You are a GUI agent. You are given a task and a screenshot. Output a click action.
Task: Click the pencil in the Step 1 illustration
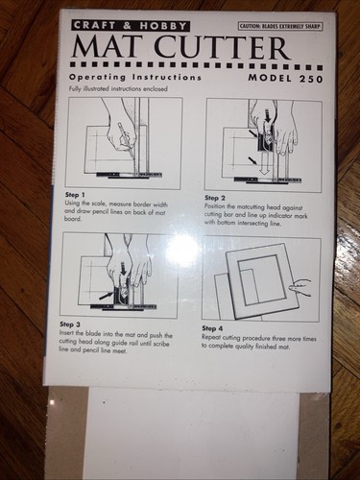[x=122, y=134]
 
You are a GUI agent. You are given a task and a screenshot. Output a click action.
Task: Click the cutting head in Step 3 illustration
[x=124, y=293]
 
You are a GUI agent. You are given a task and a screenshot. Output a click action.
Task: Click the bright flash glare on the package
[x=182, y=252]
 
